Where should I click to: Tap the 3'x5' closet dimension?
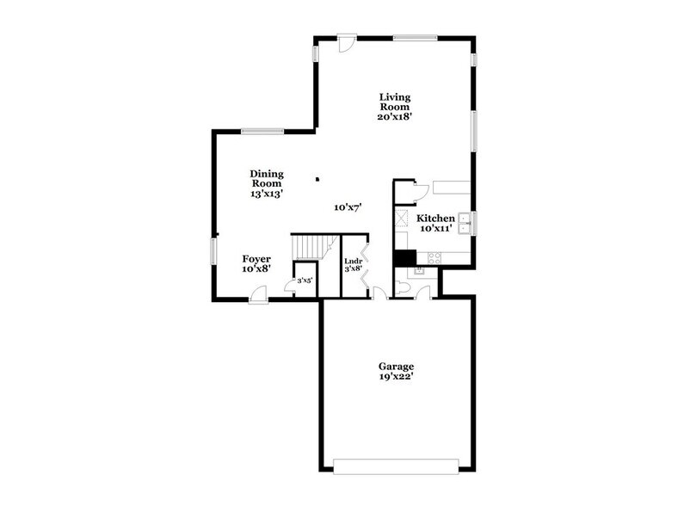click(x=304, y=281)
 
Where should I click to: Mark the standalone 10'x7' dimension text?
click(x=347, y=207)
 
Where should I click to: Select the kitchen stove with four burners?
click(x=434, y=256)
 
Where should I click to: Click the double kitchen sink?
click(x=463, y=223)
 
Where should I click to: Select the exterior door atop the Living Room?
click(x=346, y=44)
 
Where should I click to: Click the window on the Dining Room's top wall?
click(x=262, y=131)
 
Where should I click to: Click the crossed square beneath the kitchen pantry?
click(x=403, y=219)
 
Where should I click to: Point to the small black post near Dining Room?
click(x=317, y=179)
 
